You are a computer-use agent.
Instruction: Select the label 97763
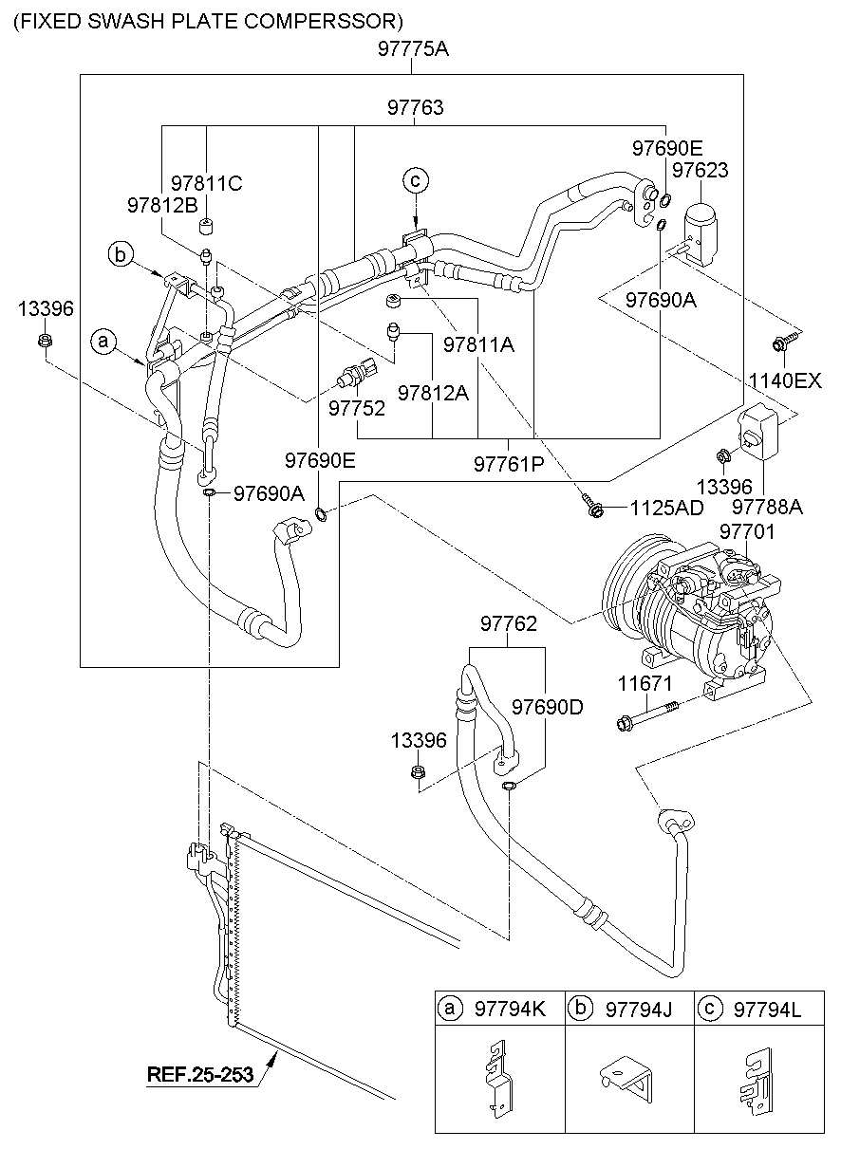415,108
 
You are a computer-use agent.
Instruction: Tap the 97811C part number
206,183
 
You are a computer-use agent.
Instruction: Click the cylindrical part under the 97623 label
702,230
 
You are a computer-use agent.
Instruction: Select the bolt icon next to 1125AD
593,509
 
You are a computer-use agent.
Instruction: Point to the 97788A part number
767,508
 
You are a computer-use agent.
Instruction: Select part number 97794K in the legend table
510,1011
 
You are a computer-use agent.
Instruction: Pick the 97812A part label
433,392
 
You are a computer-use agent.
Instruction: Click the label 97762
509,624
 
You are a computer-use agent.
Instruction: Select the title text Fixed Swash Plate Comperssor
207,20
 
